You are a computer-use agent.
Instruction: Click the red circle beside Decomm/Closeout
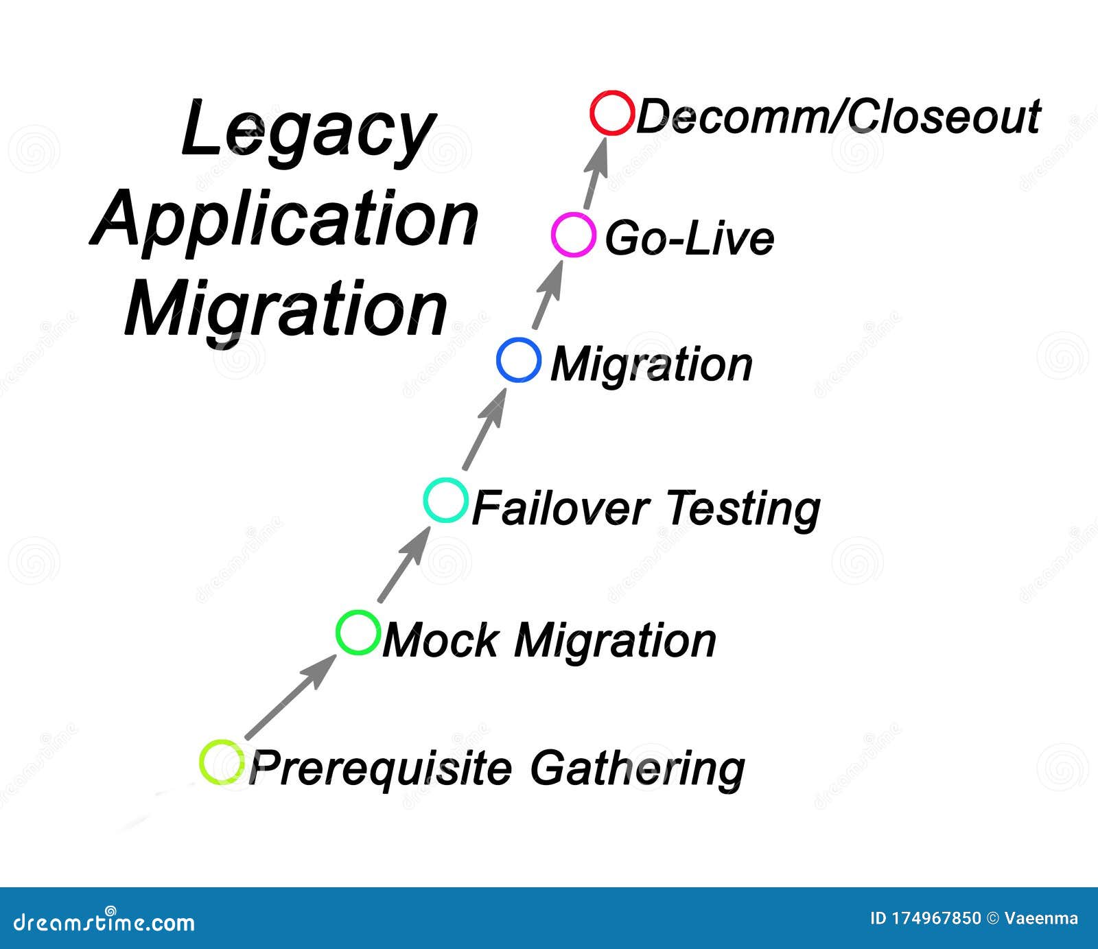(x=593, y=113)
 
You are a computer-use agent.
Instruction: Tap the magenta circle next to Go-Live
(x=554, y=235)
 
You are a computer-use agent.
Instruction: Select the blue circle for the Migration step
(x=499, y=360)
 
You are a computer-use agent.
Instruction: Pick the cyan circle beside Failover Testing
(x=426, y=500)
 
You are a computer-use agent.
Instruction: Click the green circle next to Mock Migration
(x=338, y=632)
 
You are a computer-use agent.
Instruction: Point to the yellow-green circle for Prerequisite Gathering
(x=202, y=762)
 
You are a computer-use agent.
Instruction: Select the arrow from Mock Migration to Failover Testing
(x=405, y=563)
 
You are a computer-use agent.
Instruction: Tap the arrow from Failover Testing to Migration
(x=484, y=429)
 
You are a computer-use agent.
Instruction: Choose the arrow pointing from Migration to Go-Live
(x=549, y=294)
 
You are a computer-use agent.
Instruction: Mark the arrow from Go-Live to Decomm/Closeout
(x=596, y=172)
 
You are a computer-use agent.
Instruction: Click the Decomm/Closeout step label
(x=838, y=117)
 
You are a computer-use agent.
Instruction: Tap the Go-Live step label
(x=689, y=239)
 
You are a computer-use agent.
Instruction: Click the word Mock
(x=441, y=640)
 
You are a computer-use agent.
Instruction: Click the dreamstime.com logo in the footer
(x=104, y=922)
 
